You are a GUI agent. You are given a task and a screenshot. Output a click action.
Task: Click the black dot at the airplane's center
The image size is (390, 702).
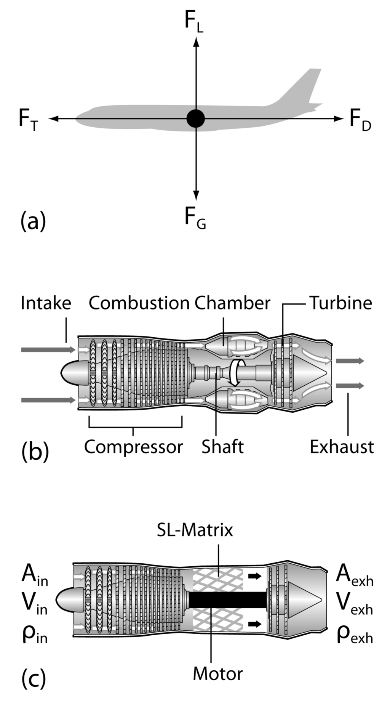point(196,119)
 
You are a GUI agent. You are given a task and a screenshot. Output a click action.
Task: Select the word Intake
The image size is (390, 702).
point(46,303)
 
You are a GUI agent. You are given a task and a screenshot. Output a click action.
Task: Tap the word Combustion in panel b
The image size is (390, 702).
point(139,303)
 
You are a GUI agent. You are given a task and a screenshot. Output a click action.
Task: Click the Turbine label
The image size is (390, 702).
point(340,303)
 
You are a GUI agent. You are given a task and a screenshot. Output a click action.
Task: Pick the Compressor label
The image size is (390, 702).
point(133,447)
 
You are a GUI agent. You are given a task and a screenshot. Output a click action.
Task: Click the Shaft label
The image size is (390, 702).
point(222,447)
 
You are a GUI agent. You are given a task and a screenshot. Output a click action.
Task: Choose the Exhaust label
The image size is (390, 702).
point(342,447)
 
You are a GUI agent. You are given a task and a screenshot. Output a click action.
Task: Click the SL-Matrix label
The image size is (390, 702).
point(195,530)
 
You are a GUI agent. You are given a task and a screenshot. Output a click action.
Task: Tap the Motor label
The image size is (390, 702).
point(217,674)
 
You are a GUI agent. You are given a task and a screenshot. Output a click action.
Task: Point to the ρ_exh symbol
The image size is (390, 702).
point(355,636)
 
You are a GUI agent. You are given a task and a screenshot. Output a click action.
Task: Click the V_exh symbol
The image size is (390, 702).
point(355,606)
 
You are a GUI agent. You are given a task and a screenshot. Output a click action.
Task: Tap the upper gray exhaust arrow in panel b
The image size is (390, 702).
point(350,361)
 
